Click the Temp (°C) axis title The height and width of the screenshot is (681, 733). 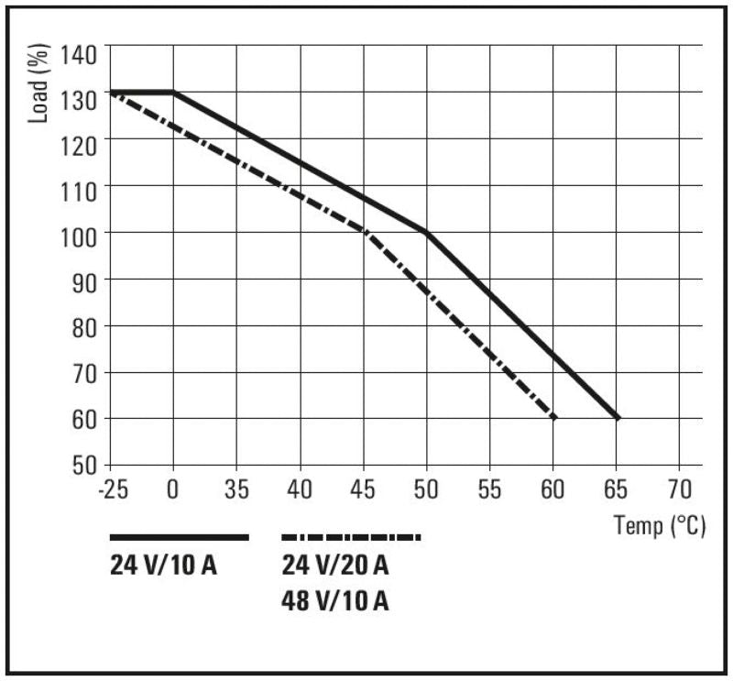click(660, 527)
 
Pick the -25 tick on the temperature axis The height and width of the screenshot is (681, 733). click(113, 488)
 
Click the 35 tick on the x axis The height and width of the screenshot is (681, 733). click(236, 488)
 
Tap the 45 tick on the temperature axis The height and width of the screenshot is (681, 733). click(364, 488)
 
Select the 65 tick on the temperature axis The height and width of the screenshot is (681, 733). click(617, 488)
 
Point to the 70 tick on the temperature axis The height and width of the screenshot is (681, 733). click(679, 488)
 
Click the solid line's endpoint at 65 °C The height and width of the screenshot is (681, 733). click(617, 418)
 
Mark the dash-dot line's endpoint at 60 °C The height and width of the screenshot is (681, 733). click(553, 418)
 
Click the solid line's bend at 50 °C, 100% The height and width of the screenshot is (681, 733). click(427, 232)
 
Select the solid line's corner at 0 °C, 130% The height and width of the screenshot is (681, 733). click(173, 92)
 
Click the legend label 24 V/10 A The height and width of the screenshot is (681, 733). click(163, 566)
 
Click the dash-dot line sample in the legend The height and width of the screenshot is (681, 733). click(351, 537)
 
